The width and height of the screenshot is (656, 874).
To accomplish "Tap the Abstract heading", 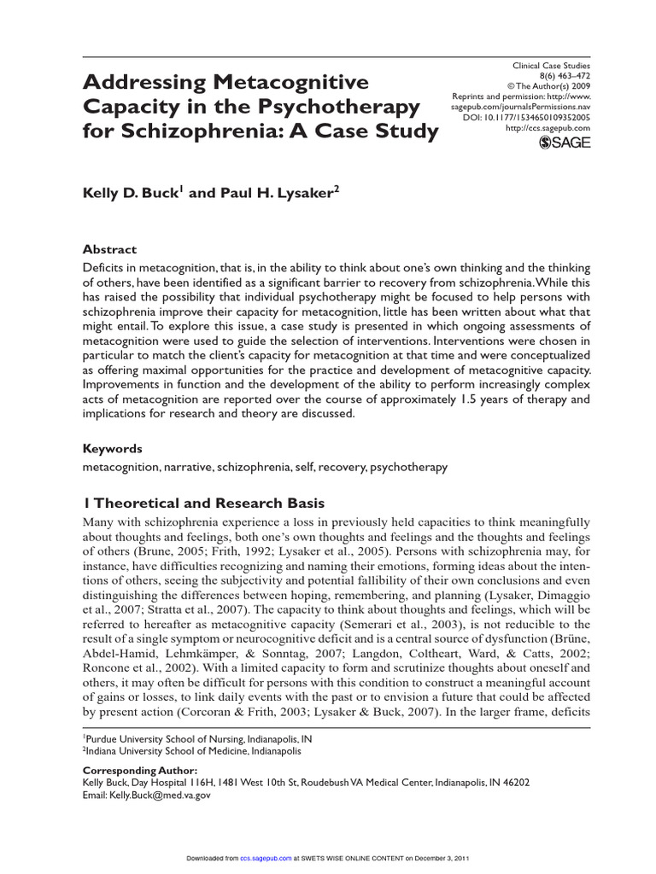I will click(x=108, y=249).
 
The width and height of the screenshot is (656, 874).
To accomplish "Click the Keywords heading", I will click(x=112, y=448).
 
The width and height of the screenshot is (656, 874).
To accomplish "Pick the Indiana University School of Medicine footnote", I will click(x=192, y=751).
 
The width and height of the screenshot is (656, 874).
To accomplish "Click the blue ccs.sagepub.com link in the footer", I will click(x=266, y=858).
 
